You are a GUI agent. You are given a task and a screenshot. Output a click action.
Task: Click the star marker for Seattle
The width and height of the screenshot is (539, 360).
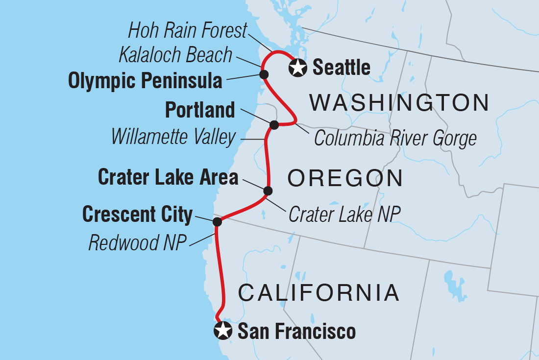coord(298,68)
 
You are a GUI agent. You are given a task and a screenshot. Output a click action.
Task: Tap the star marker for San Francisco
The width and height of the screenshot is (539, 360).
coord(223,331)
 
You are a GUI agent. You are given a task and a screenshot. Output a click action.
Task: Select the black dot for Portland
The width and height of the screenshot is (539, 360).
coord(274,125)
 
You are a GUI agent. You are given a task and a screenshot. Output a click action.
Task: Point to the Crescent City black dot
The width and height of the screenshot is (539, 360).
coord(217,222)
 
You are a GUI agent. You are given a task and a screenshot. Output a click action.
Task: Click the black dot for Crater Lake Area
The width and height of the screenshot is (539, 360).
coord(268,191)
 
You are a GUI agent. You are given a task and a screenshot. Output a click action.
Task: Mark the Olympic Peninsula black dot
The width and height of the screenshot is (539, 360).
coord(264,74)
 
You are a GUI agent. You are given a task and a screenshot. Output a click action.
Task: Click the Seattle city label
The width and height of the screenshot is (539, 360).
coord(341,68)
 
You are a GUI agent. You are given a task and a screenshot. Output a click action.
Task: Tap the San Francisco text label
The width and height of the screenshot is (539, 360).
coord(296,332)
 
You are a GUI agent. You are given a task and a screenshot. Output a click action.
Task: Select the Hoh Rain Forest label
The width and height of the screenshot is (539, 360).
coord(187,31)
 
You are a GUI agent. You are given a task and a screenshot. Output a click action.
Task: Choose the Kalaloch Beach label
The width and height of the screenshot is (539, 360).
coord(175,55)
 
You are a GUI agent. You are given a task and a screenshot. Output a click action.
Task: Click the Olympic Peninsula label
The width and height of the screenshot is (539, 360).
coord(145,81)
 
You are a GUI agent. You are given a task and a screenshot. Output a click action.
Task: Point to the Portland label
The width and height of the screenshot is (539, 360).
coord(200,110)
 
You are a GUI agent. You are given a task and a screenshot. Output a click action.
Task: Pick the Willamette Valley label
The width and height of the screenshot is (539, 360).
coord(173,137)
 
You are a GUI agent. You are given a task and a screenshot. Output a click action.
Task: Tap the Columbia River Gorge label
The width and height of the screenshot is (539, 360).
coord(395,139)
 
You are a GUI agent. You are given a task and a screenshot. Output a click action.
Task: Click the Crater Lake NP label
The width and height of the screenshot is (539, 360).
coord(344,214)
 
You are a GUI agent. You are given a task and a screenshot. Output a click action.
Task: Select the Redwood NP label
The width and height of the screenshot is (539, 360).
coord(138,242)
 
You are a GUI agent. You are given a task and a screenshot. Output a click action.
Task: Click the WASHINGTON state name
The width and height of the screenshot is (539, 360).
coord(399,103)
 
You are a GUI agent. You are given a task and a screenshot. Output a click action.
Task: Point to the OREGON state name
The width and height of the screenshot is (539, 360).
coord(345,179)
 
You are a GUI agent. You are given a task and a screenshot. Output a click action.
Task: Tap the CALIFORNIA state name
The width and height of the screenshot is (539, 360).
coord(318,293)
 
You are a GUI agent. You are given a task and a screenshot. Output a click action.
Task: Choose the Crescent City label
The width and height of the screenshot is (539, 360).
coord(138,214)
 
